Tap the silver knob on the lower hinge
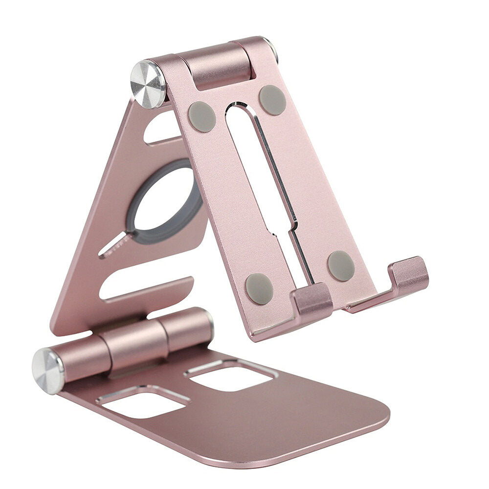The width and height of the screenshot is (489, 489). point(47,371)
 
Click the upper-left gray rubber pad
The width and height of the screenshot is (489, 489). point(201,116)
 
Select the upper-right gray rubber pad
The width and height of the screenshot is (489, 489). point(272,100)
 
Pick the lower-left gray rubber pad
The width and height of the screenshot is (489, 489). point(259,289)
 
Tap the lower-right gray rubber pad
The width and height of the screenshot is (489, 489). point(341,266)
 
